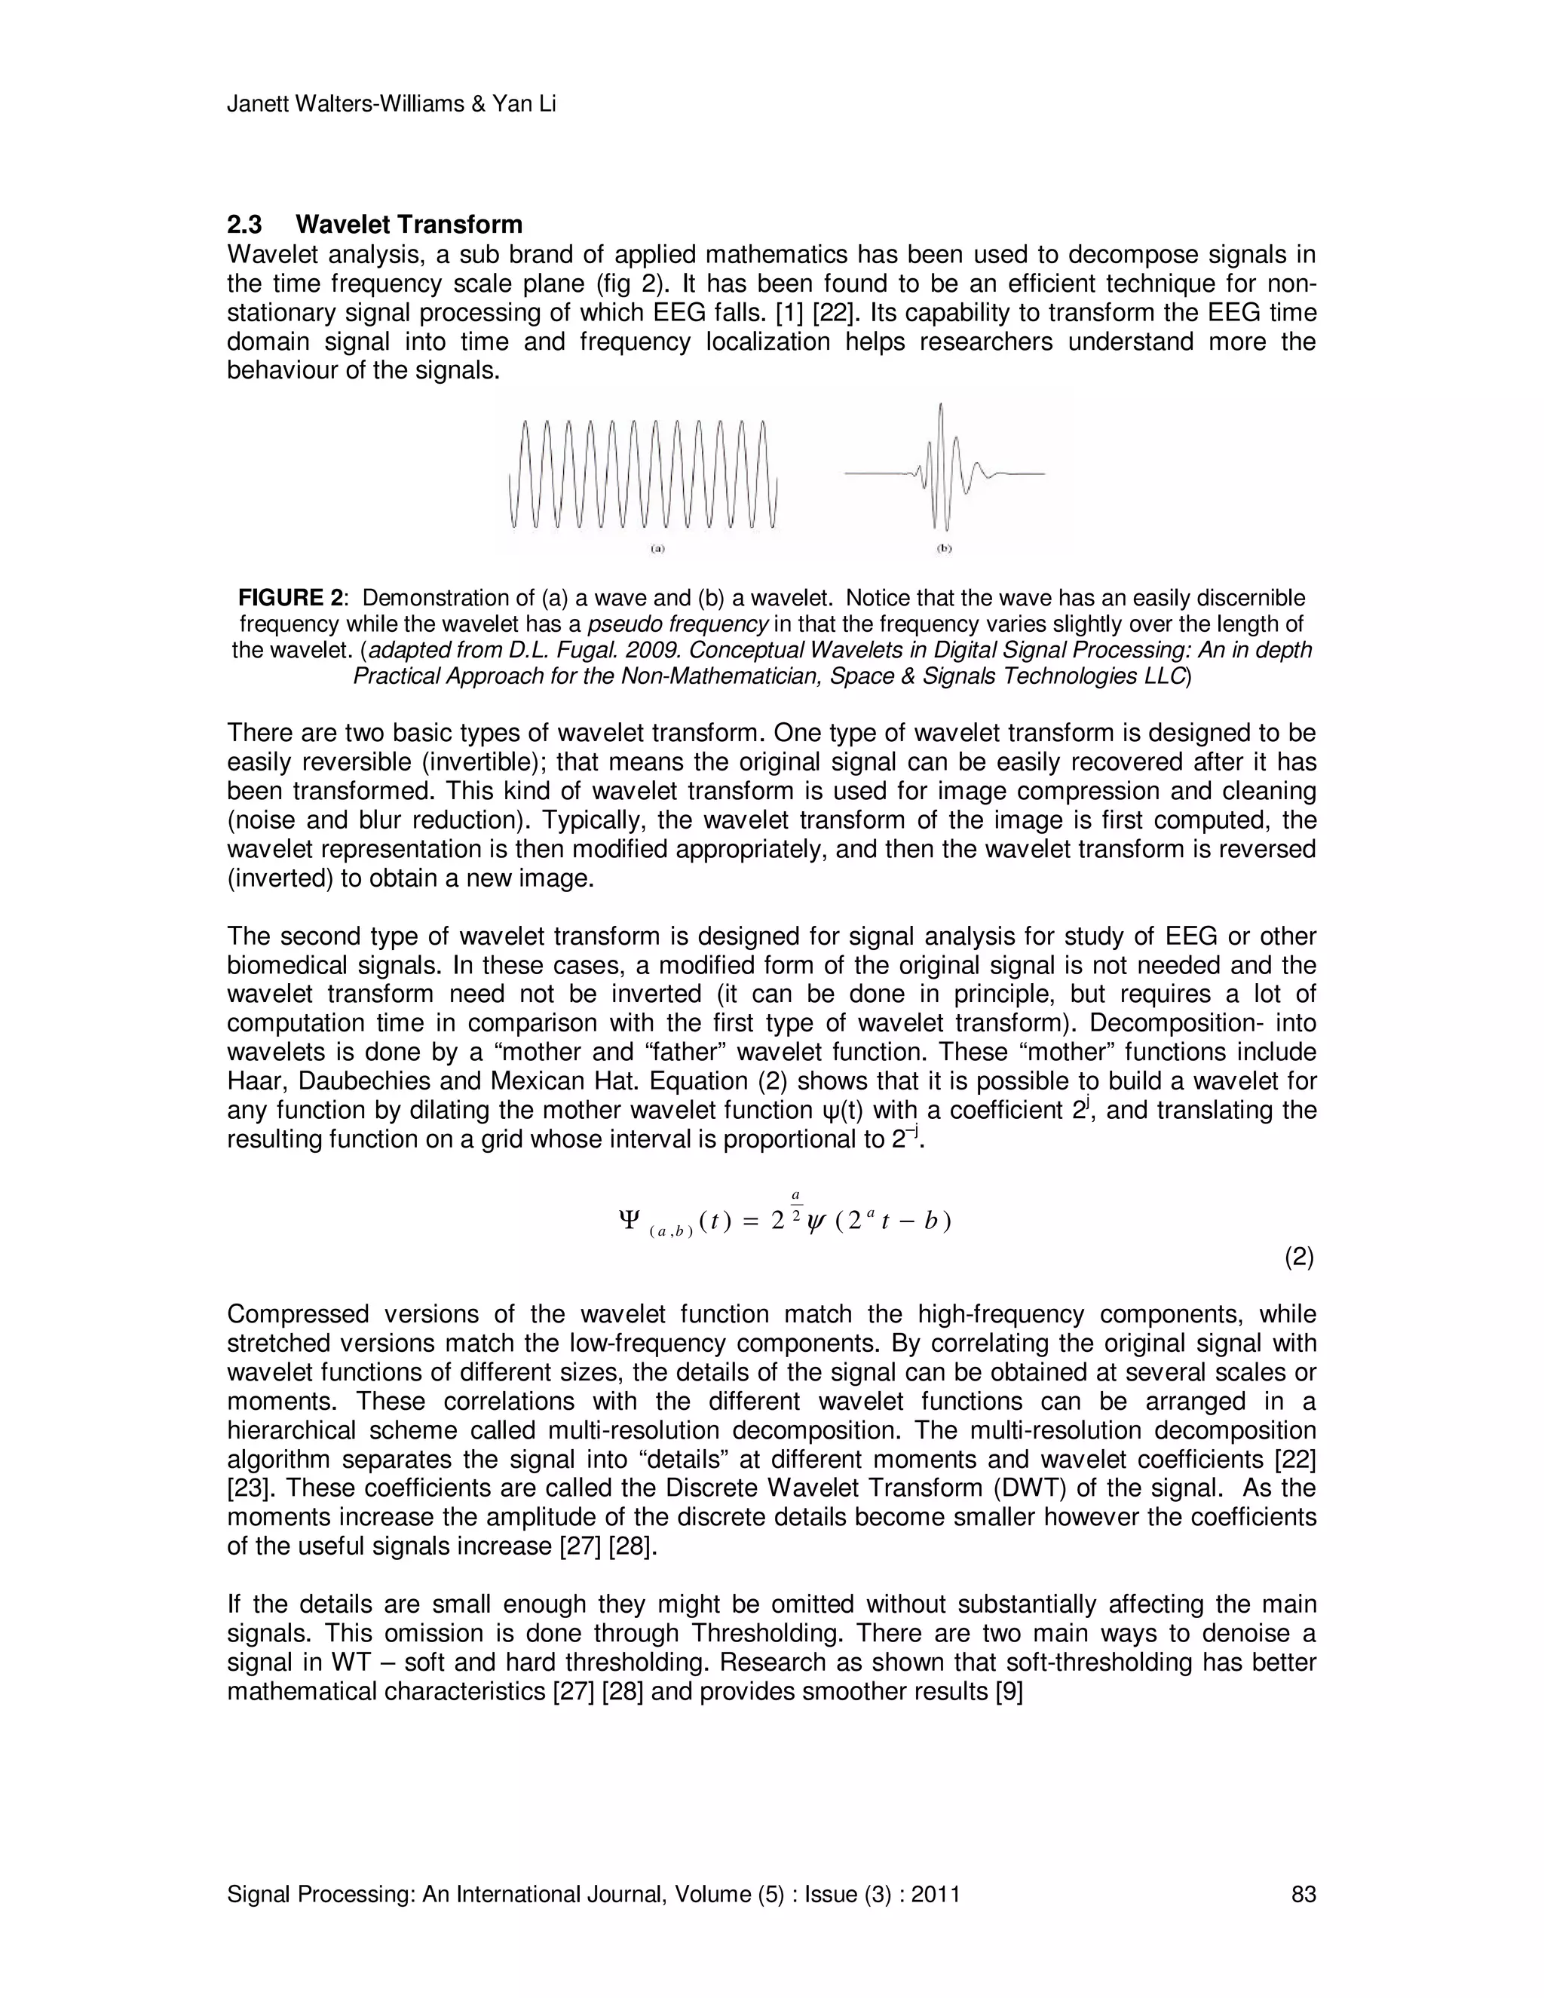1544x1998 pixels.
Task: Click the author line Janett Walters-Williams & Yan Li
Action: point(391,104)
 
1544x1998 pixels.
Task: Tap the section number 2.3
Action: point(245,225)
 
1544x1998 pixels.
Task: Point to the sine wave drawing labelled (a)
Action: point(642,474)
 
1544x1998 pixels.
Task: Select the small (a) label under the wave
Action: point(656,550)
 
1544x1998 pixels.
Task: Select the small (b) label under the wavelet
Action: point(944,550)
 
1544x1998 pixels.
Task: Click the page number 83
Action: point(1303,1895)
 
